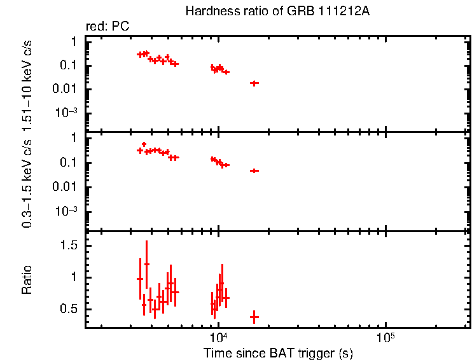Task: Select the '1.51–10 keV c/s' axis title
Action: click(27, 84)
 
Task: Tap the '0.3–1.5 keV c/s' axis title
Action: click(27, 182)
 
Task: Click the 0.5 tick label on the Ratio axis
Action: click(69, 310)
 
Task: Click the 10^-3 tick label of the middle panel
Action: click(66, 212)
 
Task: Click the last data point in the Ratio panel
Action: click(254, 317)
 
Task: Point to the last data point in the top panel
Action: click(254, 83)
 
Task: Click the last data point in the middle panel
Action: click(254, 170)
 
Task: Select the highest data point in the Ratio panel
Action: click(147, 263)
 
